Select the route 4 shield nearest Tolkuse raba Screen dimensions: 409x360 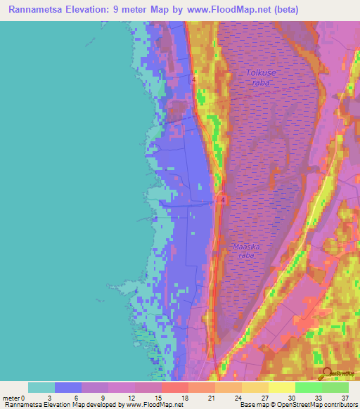tap(193, 79)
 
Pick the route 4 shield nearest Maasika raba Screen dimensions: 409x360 tap(222, 200)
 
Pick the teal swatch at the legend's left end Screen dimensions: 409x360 tap(41, 387)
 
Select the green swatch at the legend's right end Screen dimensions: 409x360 tap(335, 387)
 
